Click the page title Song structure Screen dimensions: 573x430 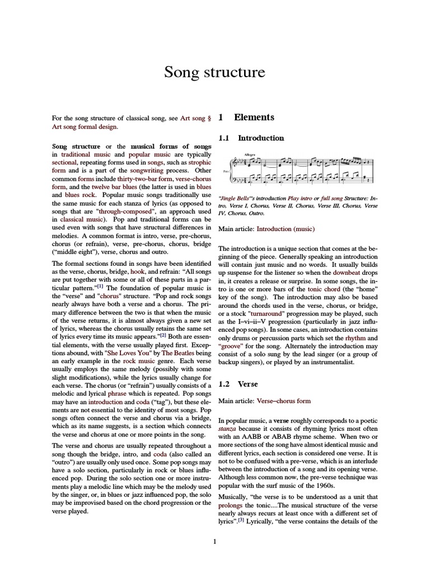click(x=214, y=72)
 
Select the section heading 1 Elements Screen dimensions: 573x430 click(x=246, y=118)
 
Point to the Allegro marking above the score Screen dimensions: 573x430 click(x=250, y=154)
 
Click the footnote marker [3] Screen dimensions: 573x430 click(x=241, y=519)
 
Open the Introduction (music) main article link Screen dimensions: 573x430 click(x=286, y=229)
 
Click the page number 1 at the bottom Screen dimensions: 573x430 click(x=214, y=541)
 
